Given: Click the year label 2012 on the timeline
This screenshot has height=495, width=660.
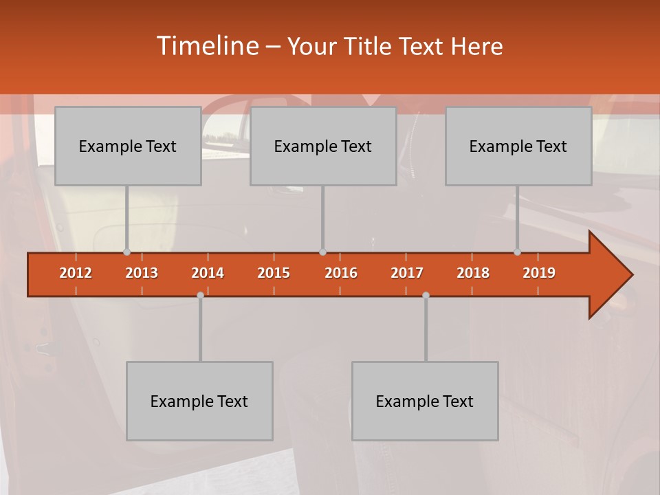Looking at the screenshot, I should click(76, 273).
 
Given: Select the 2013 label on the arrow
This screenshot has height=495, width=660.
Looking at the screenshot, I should click(142, 273).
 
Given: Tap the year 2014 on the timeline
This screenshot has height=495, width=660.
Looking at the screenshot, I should click(208, 273).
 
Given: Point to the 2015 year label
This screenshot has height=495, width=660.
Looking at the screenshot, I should click(274, 273).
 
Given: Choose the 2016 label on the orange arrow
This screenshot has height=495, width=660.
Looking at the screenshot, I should click(341, 273).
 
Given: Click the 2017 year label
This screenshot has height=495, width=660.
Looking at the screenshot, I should click(407, 273).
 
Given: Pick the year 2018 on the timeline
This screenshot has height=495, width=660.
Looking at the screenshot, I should click(473, 273).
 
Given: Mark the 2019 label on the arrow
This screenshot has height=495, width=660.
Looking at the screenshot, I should click(539, 273).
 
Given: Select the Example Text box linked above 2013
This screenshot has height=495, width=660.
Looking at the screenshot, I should click(128, 146).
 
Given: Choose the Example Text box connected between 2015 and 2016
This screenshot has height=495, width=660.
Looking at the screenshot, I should click(323, 146).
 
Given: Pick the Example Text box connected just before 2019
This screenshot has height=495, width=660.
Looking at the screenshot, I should click(518, 146).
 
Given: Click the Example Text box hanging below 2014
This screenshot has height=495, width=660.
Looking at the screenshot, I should click(199, 401).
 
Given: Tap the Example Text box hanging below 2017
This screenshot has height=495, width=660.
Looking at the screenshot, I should click(425, 401).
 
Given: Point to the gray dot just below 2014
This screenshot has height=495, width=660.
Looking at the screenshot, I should click(200, 295).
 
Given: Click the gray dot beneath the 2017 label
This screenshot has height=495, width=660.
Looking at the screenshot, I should click(426, 295).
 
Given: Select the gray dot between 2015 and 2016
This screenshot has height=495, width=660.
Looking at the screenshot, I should click(322, 252).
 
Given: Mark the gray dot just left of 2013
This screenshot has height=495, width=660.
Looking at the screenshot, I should click(126, 252).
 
